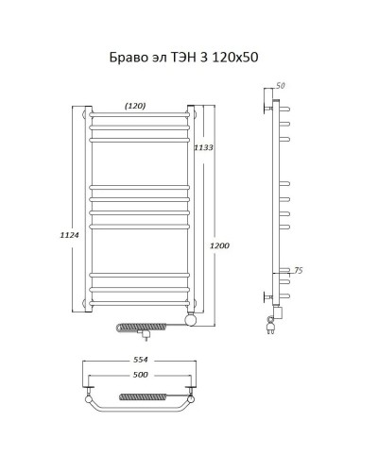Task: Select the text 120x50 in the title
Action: click(233, 59)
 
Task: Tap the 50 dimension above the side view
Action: click(280, 86)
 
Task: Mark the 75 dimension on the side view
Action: click(298, 270)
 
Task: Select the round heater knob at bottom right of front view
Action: click(192, 321)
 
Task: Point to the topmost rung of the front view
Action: click(140, 116)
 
